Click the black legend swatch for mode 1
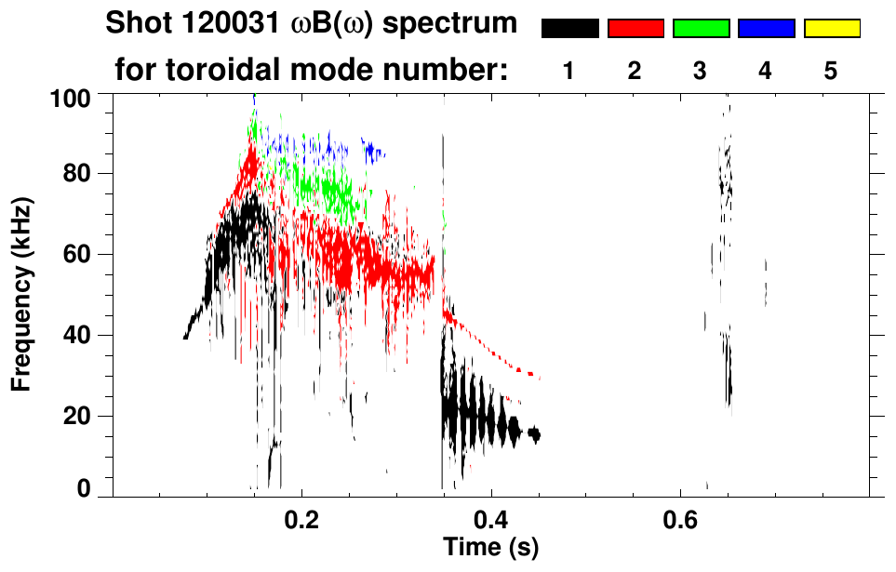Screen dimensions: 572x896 569,29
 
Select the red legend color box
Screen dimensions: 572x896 635,29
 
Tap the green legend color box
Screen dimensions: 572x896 701,29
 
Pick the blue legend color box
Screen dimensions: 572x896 766,29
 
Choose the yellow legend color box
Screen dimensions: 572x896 832,29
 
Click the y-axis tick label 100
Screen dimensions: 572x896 70,97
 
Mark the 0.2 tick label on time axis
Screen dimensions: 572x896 301,516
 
